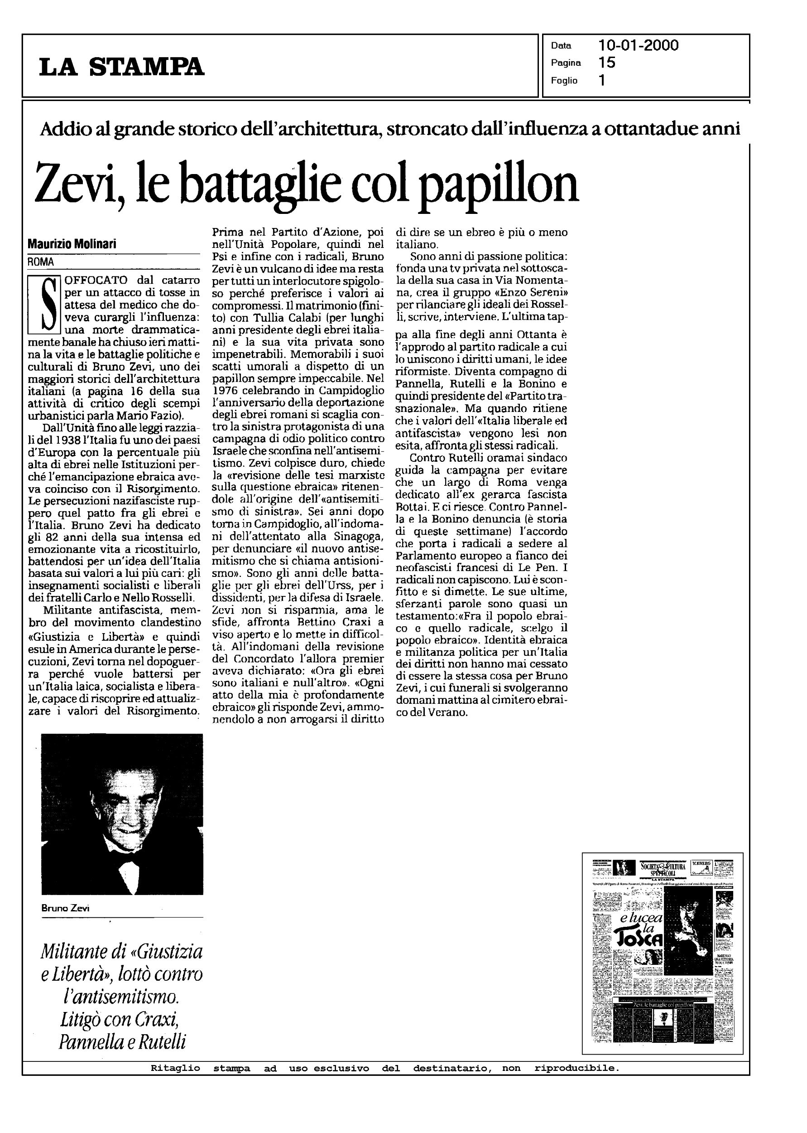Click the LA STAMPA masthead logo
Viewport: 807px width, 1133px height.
pyautogui.click(x=122, y=67)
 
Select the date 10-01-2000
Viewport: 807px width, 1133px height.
pyautogui.click(x=638, y=46)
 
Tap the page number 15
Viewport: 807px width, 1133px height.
pyautogui.click(x=607, y=63)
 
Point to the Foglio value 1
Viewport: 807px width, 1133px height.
pyautogui.click(x=602, y=80)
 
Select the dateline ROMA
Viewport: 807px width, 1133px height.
pyautogui.click(x=41, y=261)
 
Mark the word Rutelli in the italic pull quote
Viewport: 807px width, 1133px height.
pyautogui.click(x=161, y=1041)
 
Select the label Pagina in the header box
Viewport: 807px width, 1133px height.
pyautogui.click(x=566, y=63)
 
